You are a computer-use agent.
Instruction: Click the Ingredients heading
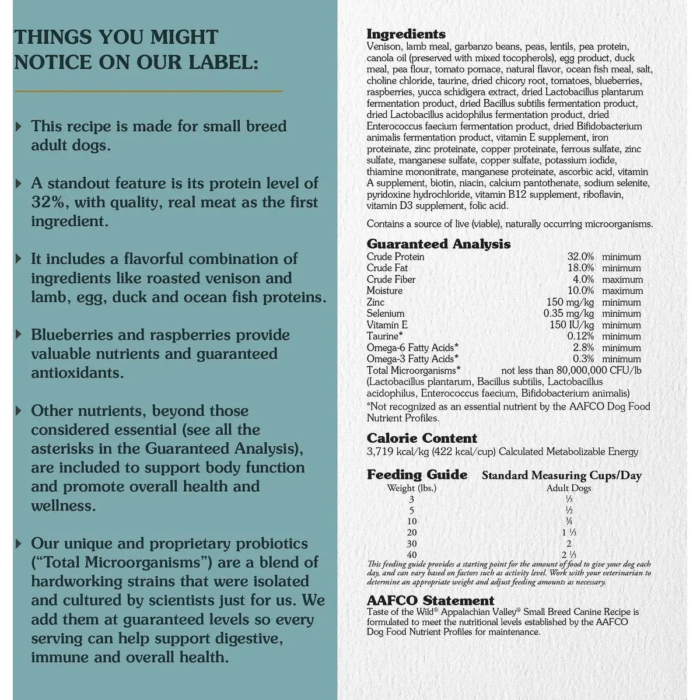[406, 34]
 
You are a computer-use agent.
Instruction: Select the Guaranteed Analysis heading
[439, 244]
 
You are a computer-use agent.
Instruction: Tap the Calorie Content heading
[422, 438]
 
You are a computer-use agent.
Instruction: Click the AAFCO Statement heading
[430, 600]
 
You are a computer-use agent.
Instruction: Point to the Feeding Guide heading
[417, 475]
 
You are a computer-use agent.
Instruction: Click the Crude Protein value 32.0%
[580, 257]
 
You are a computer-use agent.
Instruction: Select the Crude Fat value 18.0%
[580, 268]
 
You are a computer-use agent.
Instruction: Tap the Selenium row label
[386, 314]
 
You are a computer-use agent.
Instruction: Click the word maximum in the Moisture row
[622, 291]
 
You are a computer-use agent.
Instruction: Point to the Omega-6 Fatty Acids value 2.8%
[583, 348]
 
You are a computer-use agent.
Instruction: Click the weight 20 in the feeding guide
[412, 533]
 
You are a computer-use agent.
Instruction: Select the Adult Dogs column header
[568, 488]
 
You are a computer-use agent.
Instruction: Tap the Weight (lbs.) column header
[412, 488]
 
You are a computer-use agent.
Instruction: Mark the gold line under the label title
[148, 91]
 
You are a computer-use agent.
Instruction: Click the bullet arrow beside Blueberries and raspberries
[19, 335]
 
